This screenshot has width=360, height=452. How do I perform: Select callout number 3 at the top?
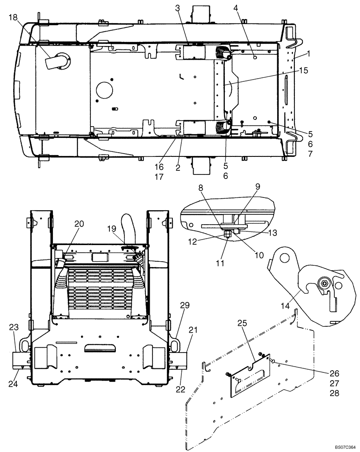178,8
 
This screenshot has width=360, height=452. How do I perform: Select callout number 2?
178,168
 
